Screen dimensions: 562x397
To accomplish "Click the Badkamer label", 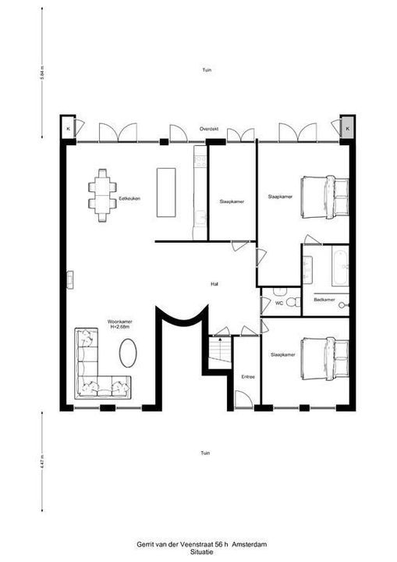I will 324,300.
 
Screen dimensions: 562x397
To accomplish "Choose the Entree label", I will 248,376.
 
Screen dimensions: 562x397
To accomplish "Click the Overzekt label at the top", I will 207,128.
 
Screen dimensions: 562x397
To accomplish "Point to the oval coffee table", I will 130,354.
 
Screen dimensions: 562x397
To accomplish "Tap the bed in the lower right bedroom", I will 321,359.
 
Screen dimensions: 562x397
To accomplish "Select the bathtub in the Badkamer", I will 340,267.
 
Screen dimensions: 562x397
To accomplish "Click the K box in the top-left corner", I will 68,127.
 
